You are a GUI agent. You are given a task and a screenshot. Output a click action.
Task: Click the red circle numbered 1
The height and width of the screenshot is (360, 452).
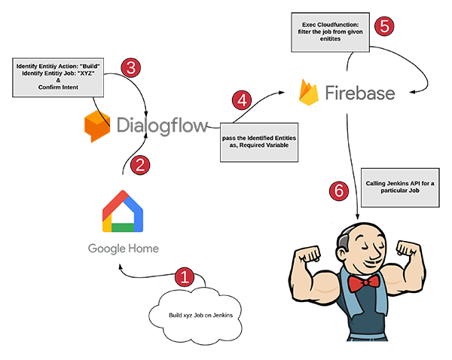point(185,276)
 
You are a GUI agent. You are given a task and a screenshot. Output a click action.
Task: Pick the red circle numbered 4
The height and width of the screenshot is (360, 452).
point(242,100)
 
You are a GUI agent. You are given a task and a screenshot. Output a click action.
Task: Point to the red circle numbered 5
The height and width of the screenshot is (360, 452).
point(385,26)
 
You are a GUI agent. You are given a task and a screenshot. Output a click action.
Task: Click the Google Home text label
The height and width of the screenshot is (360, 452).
point(124,249)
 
